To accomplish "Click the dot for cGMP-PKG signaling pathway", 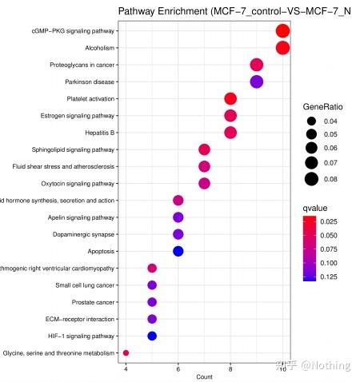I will (282, 31).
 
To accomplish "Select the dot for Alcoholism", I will (282, 48).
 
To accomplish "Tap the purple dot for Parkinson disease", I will (257, 82).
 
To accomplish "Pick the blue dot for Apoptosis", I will (178, 251).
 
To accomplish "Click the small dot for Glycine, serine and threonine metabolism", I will (126, 352).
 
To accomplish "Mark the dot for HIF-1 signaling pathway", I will (152, 336).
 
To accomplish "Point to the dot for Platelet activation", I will (230, 98).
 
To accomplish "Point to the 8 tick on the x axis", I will (230, 368).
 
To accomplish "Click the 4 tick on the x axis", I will (126, 368).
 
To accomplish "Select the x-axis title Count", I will (204, 376).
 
